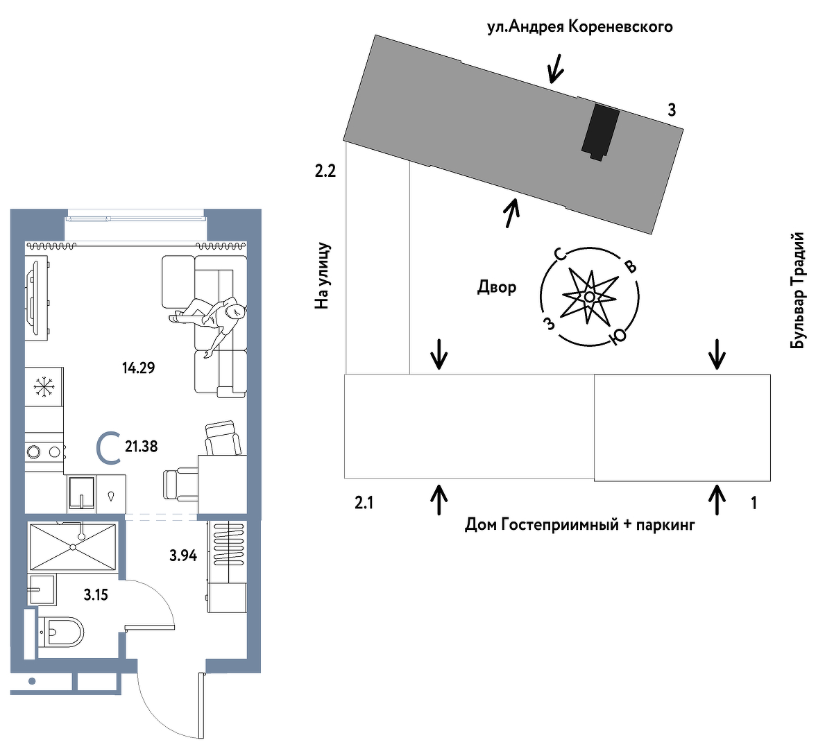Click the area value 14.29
(138, 368)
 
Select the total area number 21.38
(141, 447)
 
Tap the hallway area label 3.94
(183, 556)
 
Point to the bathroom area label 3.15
(96, 594)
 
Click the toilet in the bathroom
(62, 632)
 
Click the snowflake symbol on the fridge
(44, 386)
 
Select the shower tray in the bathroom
(73, 547)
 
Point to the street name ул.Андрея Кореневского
(579, 27)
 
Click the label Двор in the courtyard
(497, 286)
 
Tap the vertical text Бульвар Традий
(799, 290)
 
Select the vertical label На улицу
(323, 275)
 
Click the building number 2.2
(325, 171)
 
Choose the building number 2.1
(364, 503)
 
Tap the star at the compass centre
(589, 297)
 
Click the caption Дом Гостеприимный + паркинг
(579, 524)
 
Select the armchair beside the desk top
(223, 438)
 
